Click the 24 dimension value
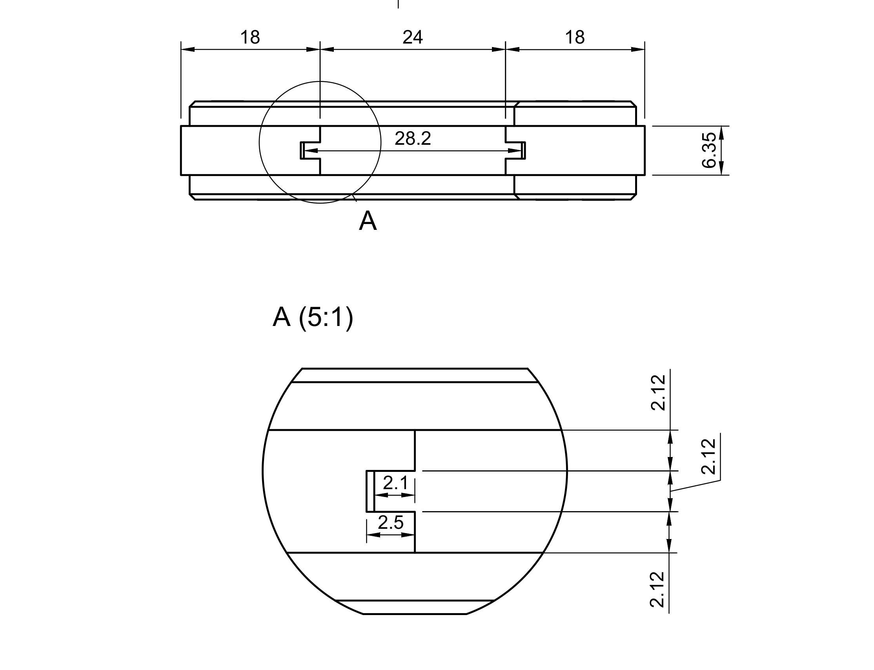[412, 38]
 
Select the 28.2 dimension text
[413, 138]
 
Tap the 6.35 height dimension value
[708, 150]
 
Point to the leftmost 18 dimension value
[250, 38]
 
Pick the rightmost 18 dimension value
[575, 38]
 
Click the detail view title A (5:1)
[313, 317]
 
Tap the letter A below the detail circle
[367, 221]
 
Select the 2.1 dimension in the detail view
[395, 483]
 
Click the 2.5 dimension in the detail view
[391, 523]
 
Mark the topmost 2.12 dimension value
[658, 392]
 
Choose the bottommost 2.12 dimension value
[657, 590]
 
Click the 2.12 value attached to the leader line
[708, 456]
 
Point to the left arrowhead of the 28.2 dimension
[311, 151]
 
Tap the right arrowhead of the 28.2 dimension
[515, 151]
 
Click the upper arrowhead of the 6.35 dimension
[721, 133]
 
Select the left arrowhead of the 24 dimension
[327, 49]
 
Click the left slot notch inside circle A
[310, 150]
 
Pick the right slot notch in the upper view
[515, 150]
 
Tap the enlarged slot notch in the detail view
[391, 491]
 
